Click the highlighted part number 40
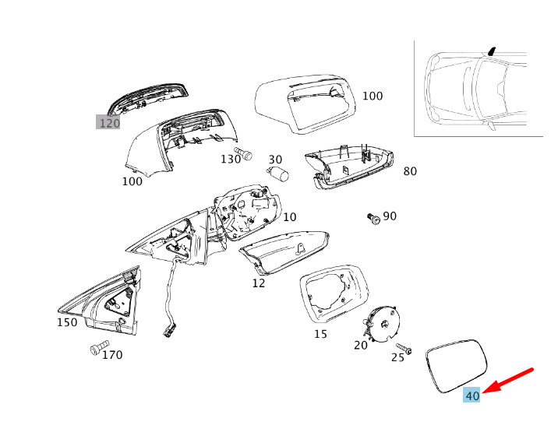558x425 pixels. (472, 395)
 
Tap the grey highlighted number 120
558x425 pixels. (108, 123)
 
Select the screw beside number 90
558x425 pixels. (374, 219)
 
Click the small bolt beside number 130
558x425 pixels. (245, 153)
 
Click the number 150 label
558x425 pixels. (67, 322)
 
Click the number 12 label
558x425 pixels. (258, 283)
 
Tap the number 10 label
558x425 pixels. (290, 217)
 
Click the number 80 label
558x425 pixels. (410, 171)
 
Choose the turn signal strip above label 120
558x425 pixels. (148, 96)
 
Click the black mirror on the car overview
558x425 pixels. (492, 51)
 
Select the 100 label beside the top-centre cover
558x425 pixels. (373, 96)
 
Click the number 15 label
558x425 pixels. (320, 335)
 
